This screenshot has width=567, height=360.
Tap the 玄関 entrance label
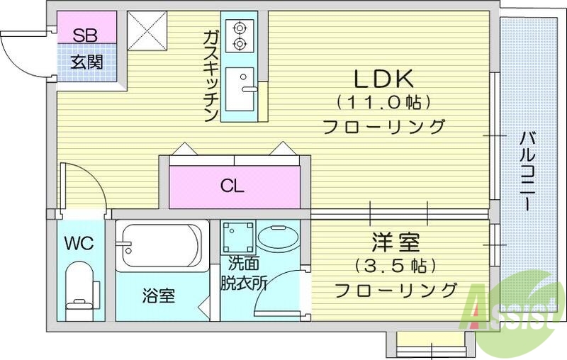tap(86, 62)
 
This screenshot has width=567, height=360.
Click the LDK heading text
tap(383, 77)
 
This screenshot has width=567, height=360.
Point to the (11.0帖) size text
tap(383, 102)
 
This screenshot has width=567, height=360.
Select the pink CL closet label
tap(232, 187)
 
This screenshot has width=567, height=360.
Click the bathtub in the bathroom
tap(162, 245)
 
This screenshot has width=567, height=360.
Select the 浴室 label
tap(159, 296)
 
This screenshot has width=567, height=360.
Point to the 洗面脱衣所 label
tap(243, 273)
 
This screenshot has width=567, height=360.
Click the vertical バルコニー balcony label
tap(527, 170)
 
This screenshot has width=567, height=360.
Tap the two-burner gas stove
tap(240, 36)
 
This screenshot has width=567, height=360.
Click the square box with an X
tap(147, 30)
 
